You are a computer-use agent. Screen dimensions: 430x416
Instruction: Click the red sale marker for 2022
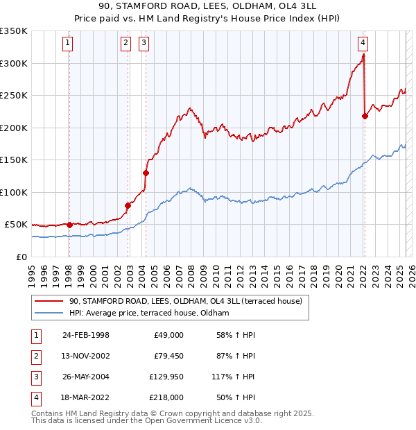point(365,116)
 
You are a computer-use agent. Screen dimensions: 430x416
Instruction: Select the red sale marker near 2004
point(146,173)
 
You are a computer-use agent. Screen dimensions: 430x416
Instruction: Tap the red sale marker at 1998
point(69,225)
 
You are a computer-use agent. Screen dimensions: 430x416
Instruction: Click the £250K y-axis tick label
point(13,95)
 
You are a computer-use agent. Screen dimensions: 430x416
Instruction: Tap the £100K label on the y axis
point(13,192)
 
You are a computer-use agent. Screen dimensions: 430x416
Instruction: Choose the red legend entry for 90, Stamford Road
point(185,302)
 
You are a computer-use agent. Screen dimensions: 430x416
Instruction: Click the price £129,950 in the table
point(166,378)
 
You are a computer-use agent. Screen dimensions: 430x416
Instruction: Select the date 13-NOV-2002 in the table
point(86,356)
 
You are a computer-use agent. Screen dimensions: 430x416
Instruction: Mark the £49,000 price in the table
point(168,335)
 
